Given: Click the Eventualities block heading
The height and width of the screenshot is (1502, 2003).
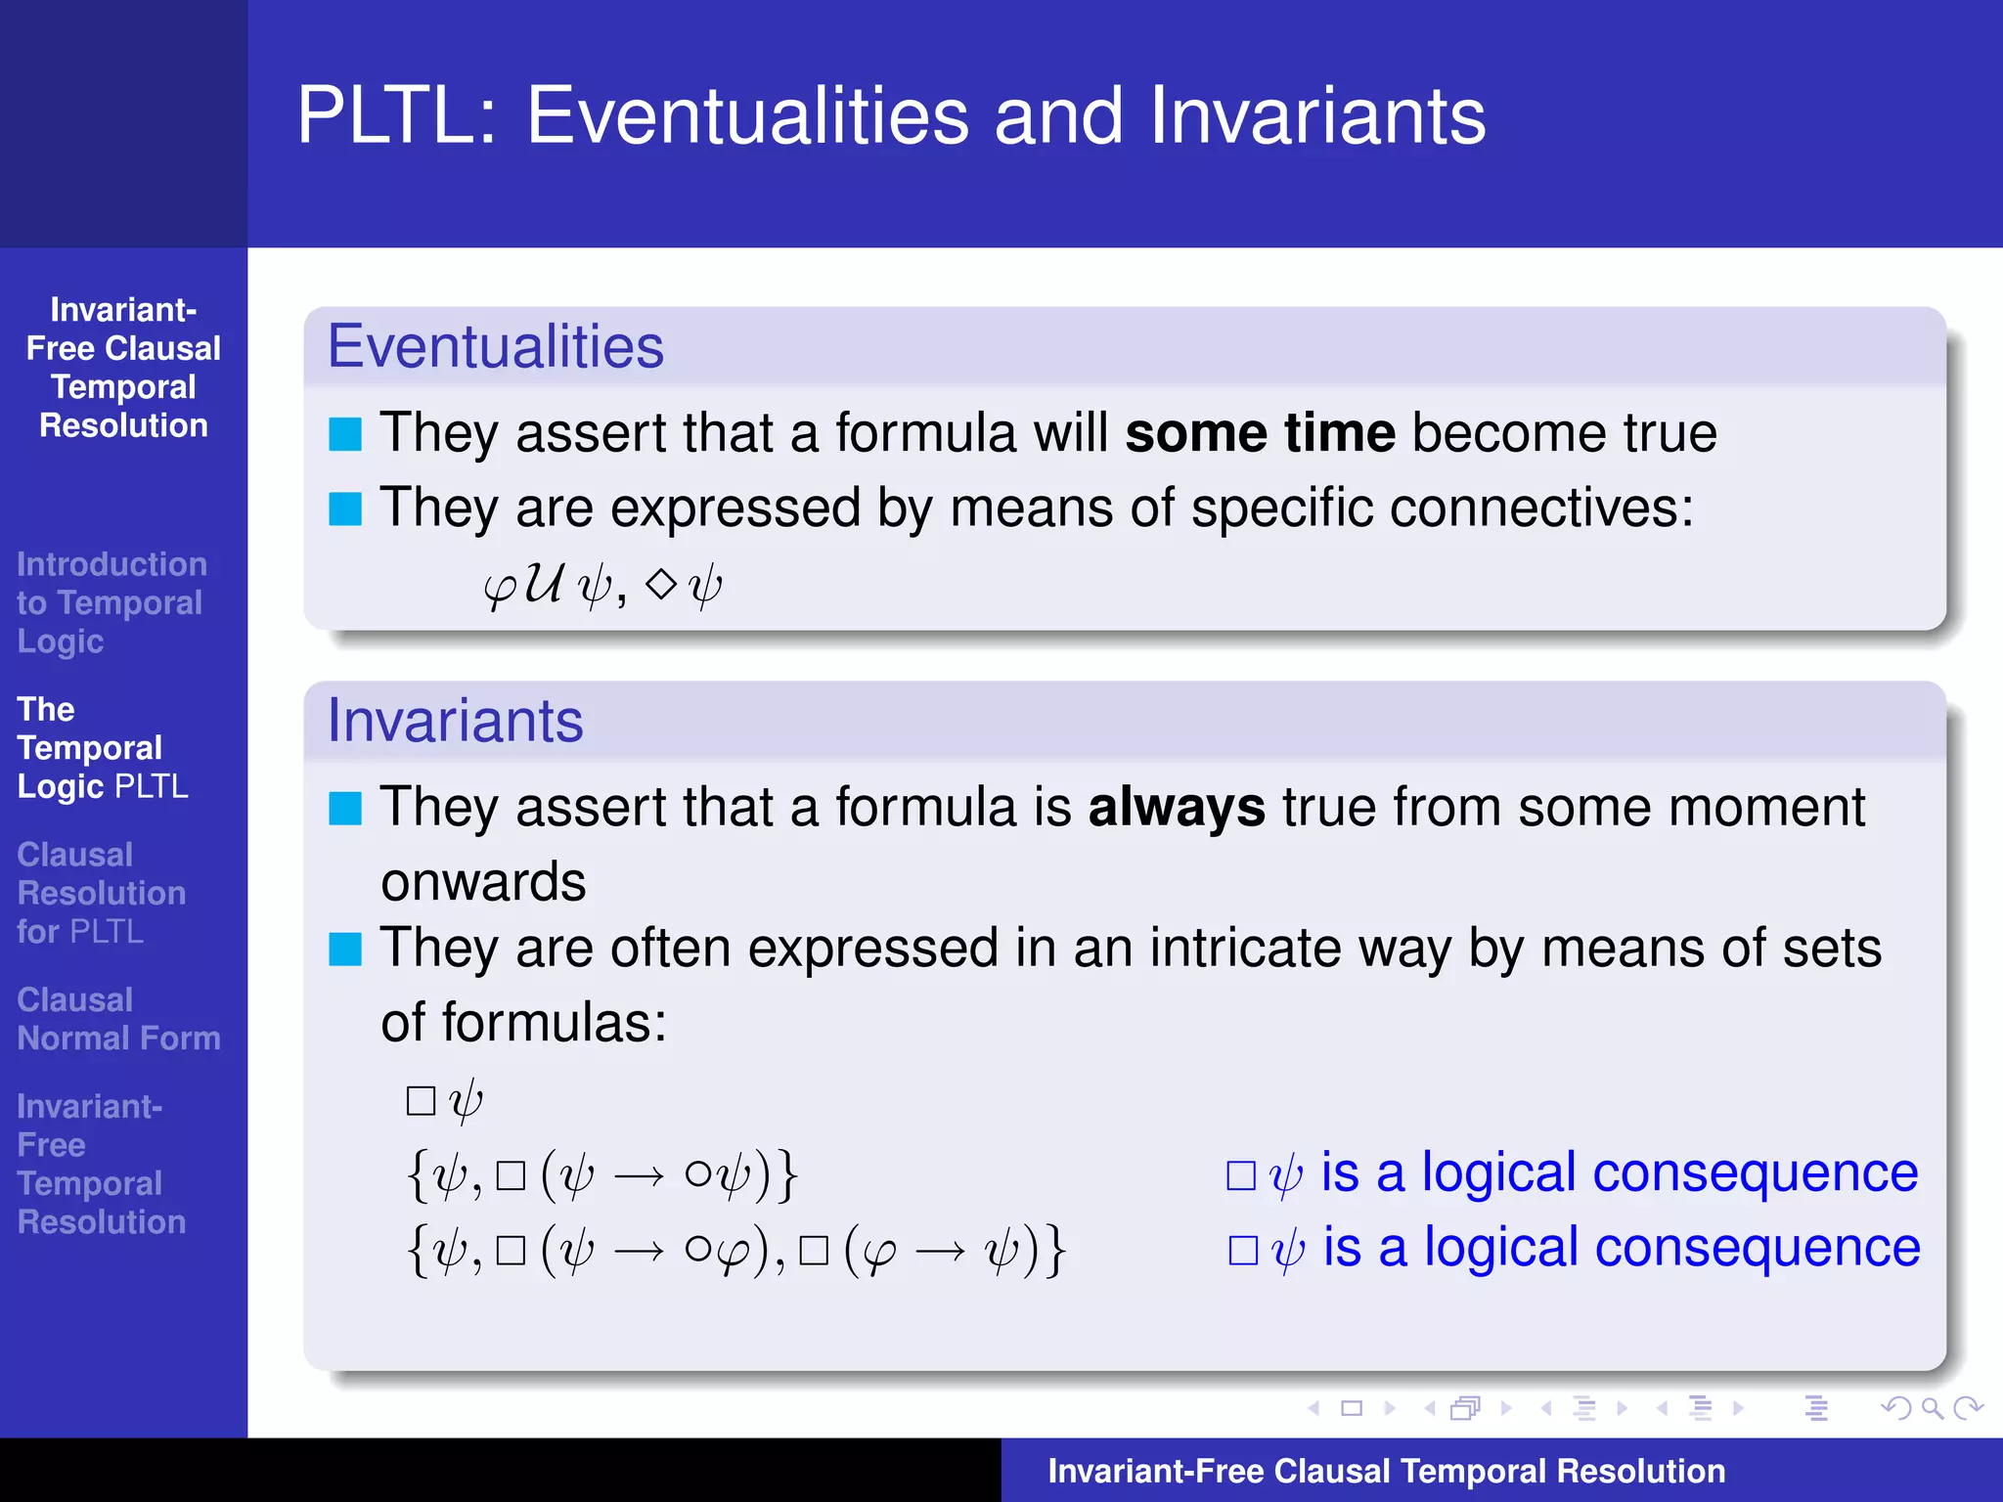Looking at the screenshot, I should (x=495, y=346).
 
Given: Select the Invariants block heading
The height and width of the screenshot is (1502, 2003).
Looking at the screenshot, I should (x=455, y=721).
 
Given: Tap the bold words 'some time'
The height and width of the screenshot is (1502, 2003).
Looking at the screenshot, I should (x=1260, y=432).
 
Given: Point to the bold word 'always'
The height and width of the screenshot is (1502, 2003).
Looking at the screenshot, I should (x=1176, y=808).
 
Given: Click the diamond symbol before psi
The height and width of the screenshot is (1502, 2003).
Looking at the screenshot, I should (x=662, y=584).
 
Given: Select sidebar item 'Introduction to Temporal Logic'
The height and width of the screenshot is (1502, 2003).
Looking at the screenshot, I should (x=111, y=602).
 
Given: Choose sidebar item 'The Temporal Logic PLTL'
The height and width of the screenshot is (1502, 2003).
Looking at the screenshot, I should (x=102, y=748).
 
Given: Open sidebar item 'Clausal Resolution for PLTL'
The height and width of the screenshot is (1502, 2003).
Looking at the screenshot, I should (x=101, y=893).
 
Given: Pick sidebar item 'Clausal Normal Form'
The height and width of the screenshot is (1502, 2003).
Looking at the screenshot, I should (x=117, y=1019).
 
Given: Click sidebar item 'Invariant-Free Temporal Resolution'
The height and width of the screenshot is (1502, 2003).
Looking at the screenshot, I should (x=101, y=1164).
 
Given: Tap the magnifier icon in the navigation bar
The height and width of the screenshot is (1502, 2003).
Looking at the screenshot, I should (x=1931, y=1408).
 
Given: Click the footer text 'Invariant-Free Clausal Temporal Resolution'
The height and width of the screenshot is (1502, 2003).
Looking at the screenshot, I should (x=1386, y=1471).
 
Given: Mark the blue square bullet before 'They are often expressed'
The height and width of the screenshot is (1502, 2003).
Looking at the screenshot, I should (x=345, y=949).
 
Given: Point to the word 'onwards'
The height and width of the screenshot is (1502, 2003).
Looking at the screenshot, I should (x=483, y=882).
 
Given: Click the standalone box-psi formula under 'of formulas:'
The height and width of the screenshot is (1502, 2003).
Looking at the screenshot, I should (x=445, y=1101).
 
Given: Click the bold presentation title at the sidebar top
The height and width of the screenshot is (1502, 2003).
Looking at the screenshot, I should (x=123, y=368).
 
